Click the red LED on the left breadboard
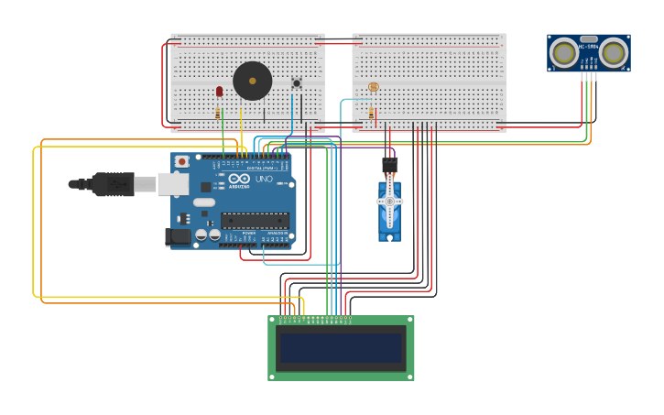click(x=219, y=91)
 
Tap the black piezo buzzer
click(x=252, y=81)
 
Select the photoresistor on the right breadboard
click(x=373, y=87)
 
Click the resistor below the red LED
click(x=218, y=114)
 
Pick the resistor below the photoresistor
click(x=372, y=115)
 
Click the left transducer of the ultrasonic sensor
click(x=563, y=53)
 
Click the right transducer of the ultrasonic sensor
click(x=614, y=53)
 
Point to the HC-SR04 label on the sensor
click(x=589, y=48)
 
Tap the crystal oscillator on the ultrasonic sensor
click(x=589, y=39)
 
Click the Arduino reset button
click(x=181, y=162)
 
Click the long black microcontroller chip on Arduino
click(x=254, y=220)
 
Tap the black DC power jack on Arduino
click(x=178, y=236)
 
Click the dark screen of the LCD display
click(x=341, y=348)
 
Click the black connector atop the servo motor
click(x=390, y=164)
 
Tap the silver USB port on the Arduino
click(x=173, y=184)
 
